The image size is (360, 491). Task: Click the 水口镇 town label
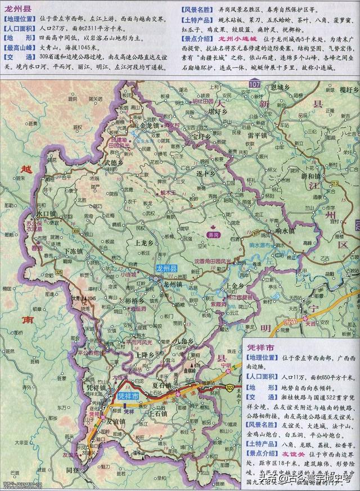[x=46, y=214]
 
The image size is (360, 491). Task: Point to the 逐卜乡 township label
[x=206, y=175]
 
